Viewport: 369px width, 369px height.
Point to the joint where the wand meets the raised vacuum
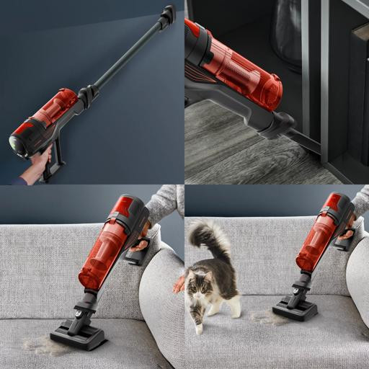pyautogui.click(x=89, y=94)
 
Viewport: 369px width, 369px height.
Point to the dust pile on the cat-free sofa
pyautogui.click(x=40, y=344)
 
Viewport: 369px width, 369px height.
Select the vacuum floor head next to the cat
pyautogui.click(x=294, y=308)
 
